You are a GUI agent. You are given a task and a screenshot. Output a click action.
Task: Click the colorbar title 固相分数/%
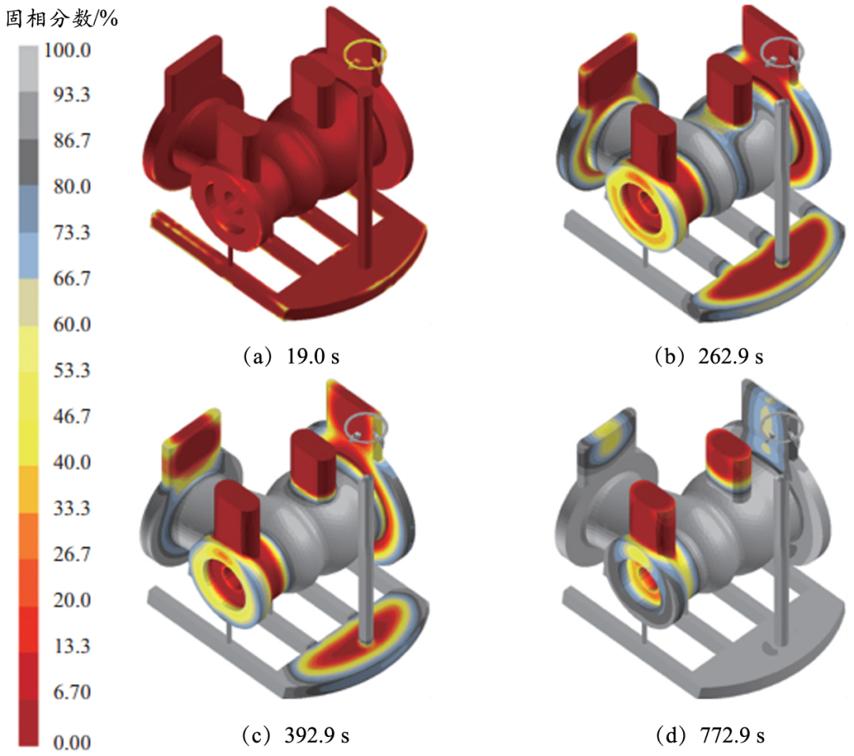tap(62, 19)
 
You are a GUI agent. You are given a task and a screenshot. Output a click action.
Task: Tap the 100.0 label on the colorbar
tap(67, 50)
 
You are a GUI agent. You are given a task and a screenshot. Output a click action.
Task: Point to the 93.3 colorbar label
tap(71, 95)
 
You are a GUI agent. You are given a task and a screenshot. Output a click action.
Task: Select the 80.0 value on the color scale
tap(71, 187)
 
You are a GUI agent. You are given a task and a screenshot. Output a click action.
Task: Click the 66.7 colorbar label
tap(71, 278)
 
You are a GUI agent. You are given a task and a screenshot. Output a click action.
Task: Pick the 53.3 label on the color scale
tap(71, 370)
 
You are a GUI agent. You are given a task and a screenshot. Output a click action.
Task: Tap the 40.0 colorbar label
tap(71, 462)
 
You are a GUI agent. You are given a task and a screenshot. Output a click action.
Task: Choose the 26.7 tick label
tap(71, 554)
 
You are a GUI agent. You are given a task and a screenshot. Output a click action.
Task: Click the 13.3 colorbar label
tap(71, 646)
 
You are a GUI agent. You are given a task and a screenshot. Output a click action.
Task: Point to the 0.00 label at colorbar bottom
tap(71, 743)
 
